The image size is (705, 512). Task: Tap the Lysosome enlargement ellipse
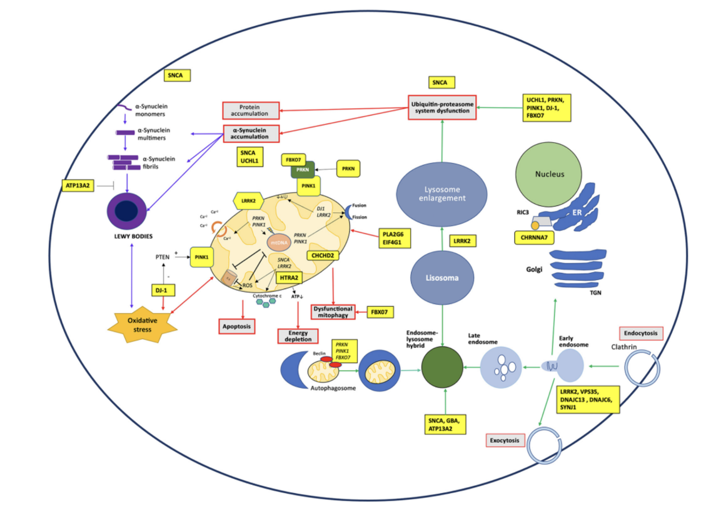(441, 194)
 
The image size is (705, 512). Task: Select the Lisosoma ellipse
(442, 278)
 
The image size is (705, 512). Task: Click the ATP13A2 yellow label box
(78, 186)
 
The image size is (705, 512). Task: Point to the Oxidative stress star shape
(142, 325)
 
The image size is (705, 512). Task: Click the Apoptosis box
(236, 326)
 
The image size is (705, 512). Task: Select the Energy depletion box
(298, 336)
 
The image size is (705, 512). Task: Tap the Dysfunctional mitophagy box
(333, 312)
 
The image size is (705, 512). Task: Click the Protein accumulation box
(250, 110)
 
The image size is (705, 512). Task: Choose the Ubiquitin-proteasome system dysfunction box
(442, 108)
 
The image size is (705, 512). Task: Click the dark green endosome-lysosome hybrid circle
(442, 367)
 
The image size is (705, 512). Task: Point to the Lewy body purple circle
(127, 211)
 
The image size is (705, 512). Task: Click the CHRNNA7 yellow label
(534, 238)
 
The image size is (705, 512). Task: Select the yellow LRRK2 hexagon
(248, 201)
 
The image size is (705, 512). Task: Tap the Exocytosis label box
(504, 440)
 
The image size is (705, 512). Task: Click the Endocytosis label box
(641, 333)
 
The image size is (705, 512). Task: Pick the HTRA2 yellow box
(289, 277)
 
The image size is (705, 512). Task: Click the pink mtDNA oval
(279, 242)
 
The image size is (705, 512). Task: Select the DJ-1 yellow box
(161, 290)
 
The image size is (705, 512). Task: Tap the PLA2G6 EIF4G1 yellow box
(394, 238)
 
